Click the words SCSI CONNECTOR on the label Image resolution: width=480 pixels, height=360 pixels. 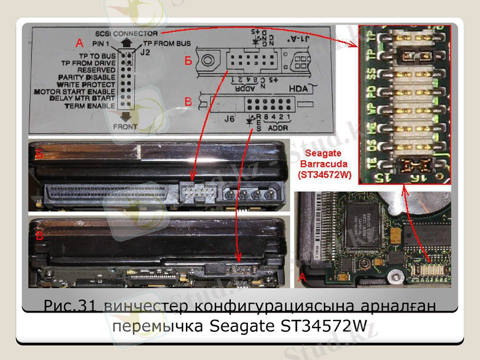(126, 33)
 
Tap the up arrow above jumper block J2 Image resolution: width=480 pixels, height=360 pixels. (126, 44)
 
